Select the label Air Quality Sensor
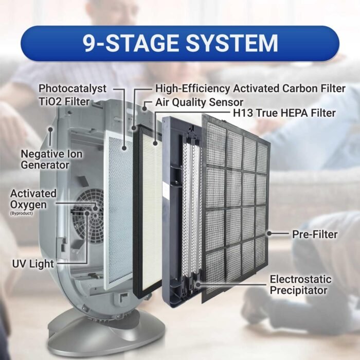tap(200, 102)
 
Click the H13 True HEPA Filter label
tap(284, 113)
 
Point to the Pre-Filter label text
tap(315, 235)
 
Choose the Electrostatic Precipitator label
tap(300, 285)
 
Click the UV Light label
tap(33, 264)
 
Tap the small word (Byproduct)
tap(22, 213)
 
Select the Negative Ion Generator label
tap(51, 159)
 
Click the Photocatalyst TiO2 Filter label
tap(73, 95)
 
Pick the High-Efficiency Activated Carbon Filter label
tap(250, 88)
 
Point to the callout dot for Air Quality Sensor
tap(145, 108)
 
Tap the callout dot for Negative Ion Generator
tap(50, 130)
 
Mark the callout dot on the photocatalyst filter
tap(124, 148)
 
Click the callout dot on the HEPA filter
tap(155, 143)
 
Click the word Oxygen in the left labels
tap(28, 205)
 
